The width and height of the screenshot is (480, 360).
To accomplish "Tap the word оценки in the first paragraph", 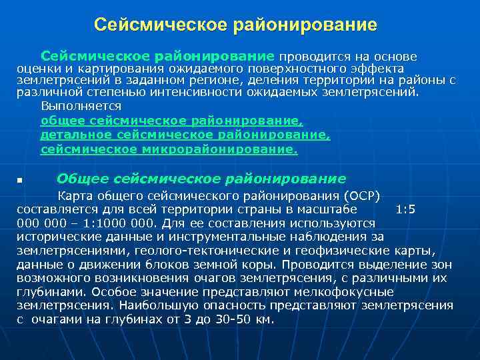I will point(36,69).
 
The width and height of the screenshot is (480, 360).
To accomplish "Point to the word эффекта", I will point(379,69).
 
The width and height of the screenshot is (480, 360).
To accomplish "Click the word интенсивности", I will point(203,92).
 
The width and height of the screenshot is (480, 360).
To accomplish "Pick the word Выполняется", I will point(81,106).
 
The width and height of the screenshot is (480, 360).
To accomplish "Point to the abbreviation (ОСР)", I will point(359,197).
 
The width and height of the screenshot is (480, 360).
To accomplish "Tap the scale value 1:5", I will point(405,209).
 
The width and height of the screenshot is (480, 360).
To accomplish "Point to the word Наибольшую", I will point(157,305).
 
